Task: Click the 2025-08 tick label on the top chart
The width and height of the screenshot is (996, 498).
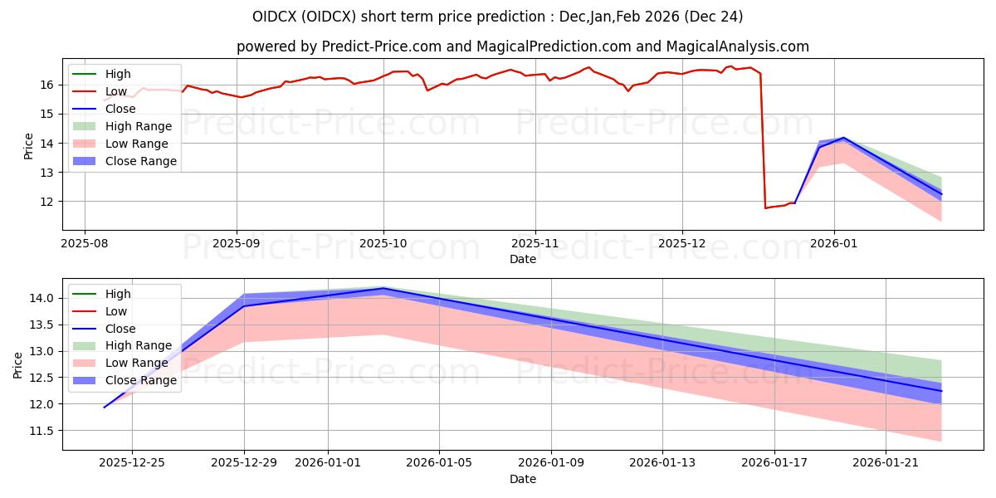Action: (84, 244)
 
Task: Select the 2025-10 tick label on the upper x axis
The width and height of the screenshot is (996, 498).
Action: (383, 244)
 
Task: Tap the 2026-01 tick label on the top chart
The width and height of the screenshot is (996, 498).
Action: (834, 244)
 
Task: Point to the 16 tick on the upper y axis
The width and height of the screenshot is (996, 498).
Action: (47, 85)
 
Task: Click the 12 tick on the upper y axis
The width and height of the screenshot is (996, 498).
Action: (47, 202)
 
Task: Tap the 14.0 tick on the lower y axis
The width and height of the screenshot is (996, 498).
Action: (42, 298)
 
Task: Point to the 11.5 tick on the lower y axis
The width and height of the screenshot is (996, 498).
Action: (42, 431)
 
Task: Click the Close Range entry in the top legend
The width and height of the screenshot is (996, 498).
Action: (140, 161)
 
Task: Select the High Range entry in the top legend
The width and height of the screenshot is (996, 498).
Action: (139, 126)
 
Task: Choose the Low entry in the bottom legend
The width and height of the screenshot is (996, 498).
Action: (116, 311)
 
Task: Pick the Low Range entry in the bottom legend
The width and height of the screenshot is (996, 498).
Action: (137, 363)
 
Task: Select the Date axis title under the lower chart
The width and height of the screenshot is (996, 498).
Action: (523, 479)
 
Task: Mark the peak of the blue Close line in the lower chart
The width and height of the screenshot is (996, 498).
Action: (383, 288)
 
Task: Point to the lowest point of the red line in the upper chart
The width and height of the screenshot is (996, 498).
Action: (765, 207)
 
